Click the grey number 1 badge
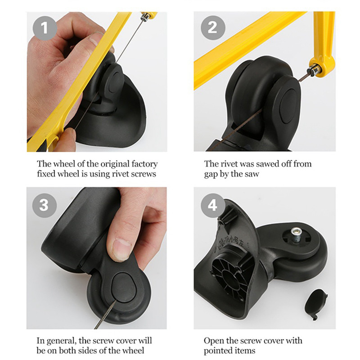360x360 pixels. [x=45, y=28]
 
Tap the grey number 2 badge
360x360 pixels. [x=213, y=28]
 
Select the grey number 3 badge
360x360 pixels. [x=44, y=205]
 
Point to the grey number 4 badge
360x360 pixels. [x=212, y=205]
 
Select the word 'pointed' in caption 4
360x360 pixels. [x=217, y=351]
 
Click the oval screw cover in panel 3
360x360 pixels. [x=124, y=288]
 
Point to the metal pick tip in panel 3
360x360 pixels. [x=115, y=301]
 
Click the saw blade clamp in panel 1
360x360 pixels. [x=145, y=17]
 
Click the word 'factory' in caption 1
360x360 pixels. [x=144, y=164]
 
